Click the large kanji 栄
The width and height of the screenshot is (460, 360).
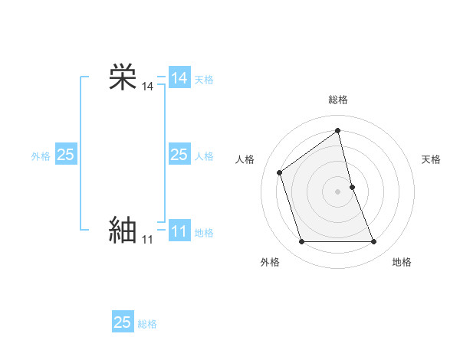(123, 77)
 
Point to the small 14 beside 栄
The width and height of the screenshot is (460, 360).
(147, 87)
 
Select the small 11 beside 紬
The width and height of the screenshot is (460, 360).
(147, 240)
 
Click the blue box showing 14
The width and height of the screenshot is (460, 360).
(179, 78)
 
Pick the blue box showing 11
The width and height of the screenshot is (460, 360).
(179, 231)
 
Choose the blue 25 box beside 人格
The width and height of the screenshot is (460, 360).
(179, 155)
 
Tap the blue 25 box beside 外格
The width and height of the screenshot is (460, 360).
(66, 155)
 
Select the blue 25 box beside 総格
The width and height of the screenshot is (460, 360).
(123, 322)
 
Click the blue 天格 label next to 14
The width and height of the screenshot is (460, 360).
(204, 80)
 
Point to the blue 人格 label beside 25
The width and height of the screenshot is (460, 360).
(204, 156)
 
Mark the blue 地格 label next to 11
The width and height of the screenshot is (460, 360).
(204, 233)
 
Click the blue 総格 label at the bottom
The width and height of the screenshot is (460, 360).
(147, 324)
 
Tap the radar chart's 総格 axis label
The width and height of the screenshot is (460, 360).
(338, 100)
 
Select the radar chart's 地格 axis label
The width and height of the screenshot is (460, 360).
(402, 262)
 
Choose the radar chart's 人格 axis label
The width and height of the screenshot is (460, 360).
(245, 159)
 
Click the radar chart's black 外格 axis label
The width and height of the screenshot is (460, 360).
(270, 262)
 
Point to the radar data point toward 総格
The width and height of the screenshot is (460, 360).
(338, 131)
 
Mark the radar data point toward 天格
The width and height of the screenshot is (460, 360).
(352, 186)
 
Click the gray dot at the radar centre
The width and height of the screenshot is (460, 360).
(338, 191)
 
